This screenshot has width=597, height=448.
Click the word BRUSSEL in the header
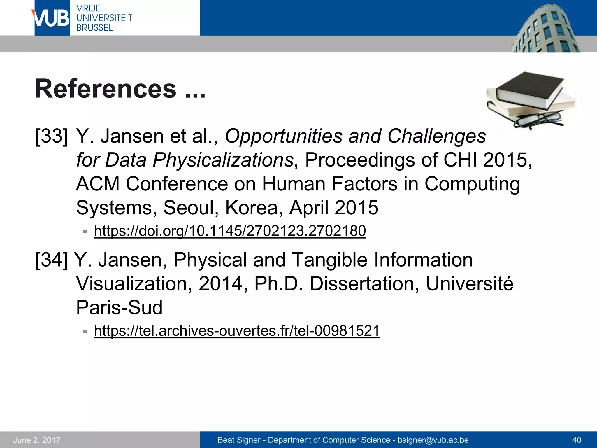pyautogui.click(x=94, y=28)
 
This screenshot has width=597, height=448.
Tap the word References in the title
pyautogui.click(x=106, y=89)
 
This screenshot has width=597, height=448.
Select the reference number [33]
pyautogui.click(x=52, y=136)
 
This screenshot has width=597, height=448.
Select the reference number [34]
pyautogui.click(x=52, y=260)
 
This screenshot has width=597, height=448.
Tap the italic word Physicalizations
pyautogui.click(x=223, y=160)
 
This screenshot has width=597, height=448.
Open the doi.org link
pyautogui.click(x=230, y=231)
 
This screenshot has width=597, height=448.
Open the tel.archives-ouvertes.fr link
pyautogui.click(x=237, y=331)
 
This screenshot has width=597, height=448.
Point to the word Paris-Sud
pyautogui.click(x=119, y=307)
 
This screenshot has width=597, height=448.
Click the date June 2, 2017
pyautogui.click(x=37, y=440)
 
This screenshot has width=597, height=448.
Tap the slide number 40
pyautogui.click(x=577, y=440)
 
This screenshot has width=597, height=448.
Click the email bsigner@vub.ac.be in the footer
pyautogui.click(x=433, y=440)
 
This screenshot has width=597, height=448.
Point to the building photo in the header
pyautogui.click(x=545, y=29)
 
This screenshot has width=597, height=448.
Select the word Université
pyautogui.click(x=469, y=283)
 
